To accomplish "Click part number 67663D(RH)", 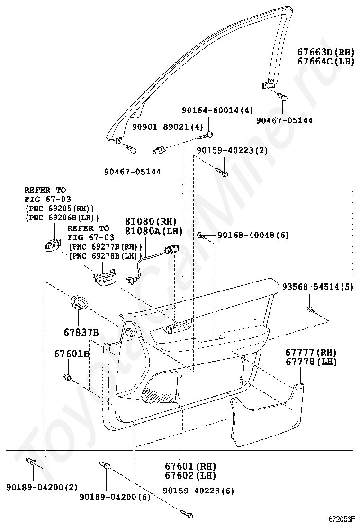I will click(x=326, y=52).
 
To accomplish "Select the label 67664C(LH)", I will click(x=326, y=61).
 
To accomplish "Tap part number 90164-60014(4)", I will click(x=217, y=110).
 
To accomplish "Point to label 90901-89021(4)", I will click(x=167, y=127).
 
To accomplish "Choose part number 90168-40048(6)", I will click(x=253, y=235).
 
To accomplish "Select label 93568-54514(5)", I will click(x=318, y=287).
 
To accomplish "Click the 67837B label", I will click(x=81, y=332).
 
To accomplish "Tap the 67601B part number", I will click(x=72, y=354).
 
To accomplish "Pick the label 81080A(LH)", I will click(x=153, y=231).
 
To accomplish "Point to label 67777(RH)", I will click(x=310, y=353).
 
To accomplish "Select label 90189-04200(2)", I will click(x=42, y=487).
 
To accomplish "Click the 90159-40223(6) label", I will click(x=198, y=491).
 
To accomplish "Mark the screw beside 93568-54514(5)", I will click(x=310, y=309).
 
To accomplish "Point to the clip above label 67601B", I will click(x=67, y=377).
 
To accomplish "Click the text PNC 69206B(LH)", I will click(x=62, y=218).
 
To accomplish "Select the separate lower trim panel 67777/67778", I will click(x=268, y=417).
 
